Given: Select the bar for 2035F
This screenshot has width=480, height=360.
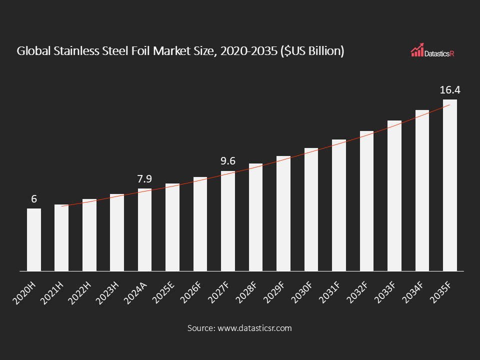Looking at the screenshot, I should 450,185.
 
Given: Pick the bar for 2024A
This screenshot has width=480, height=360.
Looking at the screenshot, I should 145,230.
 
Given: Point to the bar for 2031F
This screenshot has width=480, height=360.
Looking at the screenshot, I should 339,205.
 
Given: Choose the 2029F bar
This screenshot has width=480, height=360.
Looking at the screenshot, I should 283,213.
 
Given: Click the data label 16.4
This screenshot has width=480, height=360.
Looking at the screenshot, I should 449,90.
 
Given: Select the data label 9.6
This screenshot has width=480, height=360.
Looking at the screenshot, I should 228,161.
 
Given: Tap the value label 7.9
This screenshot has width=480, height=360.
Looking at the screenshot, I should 144,178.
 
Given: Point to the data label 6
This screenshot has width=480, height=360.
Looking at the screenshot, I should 34,199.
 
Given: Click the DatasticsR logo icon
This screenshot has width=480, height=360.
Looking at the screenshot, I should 417,49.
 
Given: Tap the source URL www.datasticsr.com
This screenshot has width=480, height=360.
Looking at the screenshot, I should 254,328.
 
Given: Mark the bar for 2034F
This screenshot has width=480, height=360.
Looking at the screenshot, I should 422,190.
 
